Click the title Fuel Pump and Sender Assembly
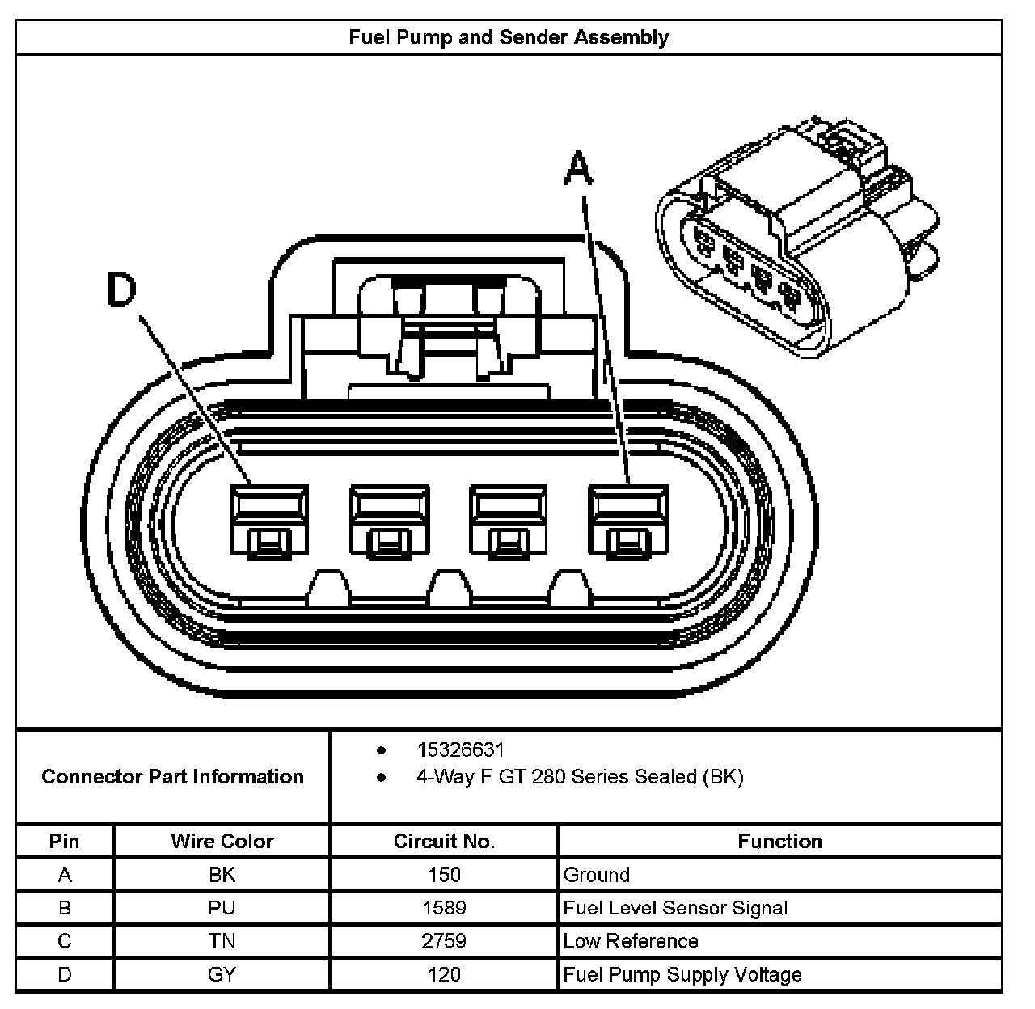[x=509, y=37]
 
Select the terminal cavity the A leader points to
[x=628, y=522]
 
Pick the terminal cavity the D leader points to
[x=268, y=522]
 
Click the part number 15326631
[x=460, y=749]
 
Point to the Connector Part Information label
[x=172, y=777]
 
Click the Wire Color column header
[x=222, y=841]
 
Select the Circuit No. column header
[x=444, y=841]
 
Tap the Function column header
[x=779, y=841]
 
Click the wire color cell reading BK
[x=222, y=875]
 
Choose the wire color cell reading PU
[x=222, y=908]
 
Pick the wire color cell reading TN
[x=222, y=941]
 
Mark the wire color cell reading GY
[x=222, y=974]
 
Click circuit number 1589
[x=444, y=908]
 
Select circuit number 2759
[x=444, y=941]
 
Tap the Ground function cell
[x=597, y=875]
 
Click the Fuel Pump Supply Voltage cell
[x=682, y=974]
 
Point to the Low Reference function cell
[x=631, y=941]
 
